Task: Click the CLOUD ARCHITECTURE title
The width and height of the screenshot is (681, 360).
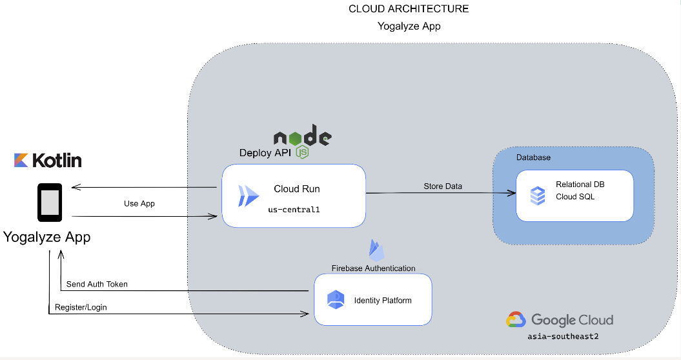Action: tap(409, 9)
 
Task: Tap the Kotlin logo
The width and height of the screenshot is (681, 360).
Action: tap(48, 160)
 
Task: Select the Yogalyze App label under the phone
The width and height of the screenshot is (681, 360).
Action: tap(47, 237)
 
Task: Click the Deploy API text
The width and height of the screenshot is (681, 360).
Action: tap(265, 153)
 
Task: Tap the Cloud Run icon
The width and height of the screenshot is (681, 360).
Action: tap(249, 195)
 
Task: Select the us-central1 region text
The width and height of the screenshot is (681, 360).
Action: tap(294, 210)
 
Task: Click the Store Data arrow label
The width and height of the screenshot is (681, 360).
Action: tap(443, 186)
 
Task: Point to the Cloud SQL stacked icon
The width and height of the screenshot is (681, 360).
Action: tap(537, 195)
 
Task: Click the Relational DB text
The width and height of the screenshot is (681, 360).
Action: tap(580, 185)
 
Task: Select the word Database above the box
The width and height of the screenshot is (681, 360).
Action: tap(533, 157)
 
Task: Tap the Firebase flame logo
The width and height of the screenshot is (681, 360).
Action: tap(376, 250)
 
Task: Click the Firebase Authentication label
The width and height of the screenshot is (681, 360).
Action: tap(373, 268)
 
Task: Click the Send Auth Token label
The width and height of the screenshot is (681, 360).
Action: tap(97, 284)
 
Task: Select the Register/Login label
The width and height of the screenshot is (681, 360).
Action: tap(81, 307)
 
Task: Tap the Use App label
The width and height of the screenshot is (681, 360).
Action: tap(139, 203)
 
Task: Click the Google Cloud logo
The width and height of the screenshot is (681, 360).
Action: tap(559, 320)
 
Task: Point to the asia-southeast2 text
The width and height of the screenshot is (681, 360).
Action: tap(558, 336)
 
